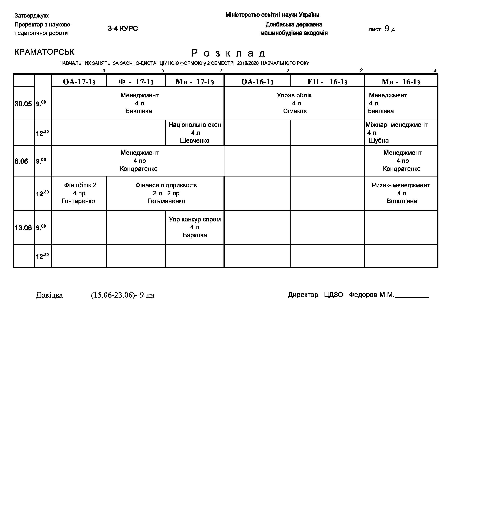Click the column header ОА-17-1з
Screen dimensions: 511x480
(79, 82)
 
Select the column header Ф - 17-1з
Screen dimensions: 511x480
(136, 82)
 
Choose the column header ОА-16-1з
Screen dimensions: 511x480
(257, 82)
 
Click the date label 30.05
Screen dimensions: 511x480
(23, 104)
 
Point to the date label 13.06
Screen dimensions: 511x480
(23, 228)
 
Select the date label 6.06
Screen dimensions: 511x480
(21, 161)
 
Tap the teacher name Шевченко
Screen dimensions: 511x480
(195, 141)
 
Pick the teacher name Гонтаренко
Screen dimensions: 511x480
(78, 201)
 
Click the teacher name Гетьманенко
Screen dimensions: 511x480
(166, 201)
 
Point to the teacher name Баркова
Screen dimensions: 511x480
(195, 235)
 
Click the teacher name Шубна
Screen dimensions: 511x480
(379, 141)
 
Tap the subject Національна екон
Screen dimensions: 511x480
(195, 125)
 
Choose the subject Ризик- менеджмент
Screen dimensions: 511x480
(401, 185)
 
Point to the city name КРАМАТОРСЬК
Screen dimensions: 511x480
(44, 52)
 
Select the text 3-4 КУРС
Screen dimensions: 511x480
(123, 29)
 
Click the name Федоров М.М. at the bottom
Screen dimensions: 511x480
(371, 295)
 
